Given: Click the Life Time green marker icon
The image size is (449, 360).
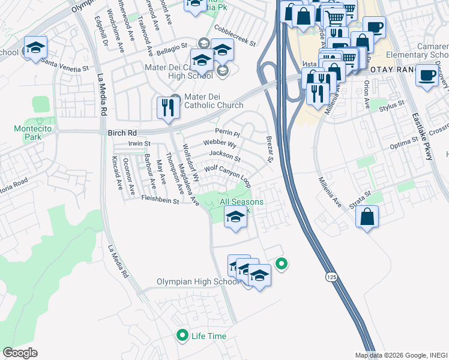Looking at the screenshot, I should (x=182, y=335).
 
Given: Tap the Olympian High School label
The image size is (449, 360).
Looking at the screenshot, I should (x=197, y=282).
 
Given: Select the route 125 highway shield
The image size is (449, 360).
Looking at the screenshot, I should (x=331, y=277).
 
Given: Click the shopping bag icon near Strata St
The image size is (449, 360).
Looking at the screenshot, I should (x=367, y=216).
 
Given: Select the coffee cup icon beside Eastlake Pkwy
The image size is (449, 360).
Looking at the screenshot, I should (x=427, y=76).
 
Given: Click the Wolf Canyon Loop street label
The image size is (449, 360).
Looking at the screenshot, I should (x=228, y=174).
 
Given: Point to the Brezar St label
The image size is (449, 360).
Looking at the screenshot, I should (x=270, y=149).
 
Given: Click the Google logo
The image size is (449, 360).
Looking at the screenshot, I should (x=20, y=353).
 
